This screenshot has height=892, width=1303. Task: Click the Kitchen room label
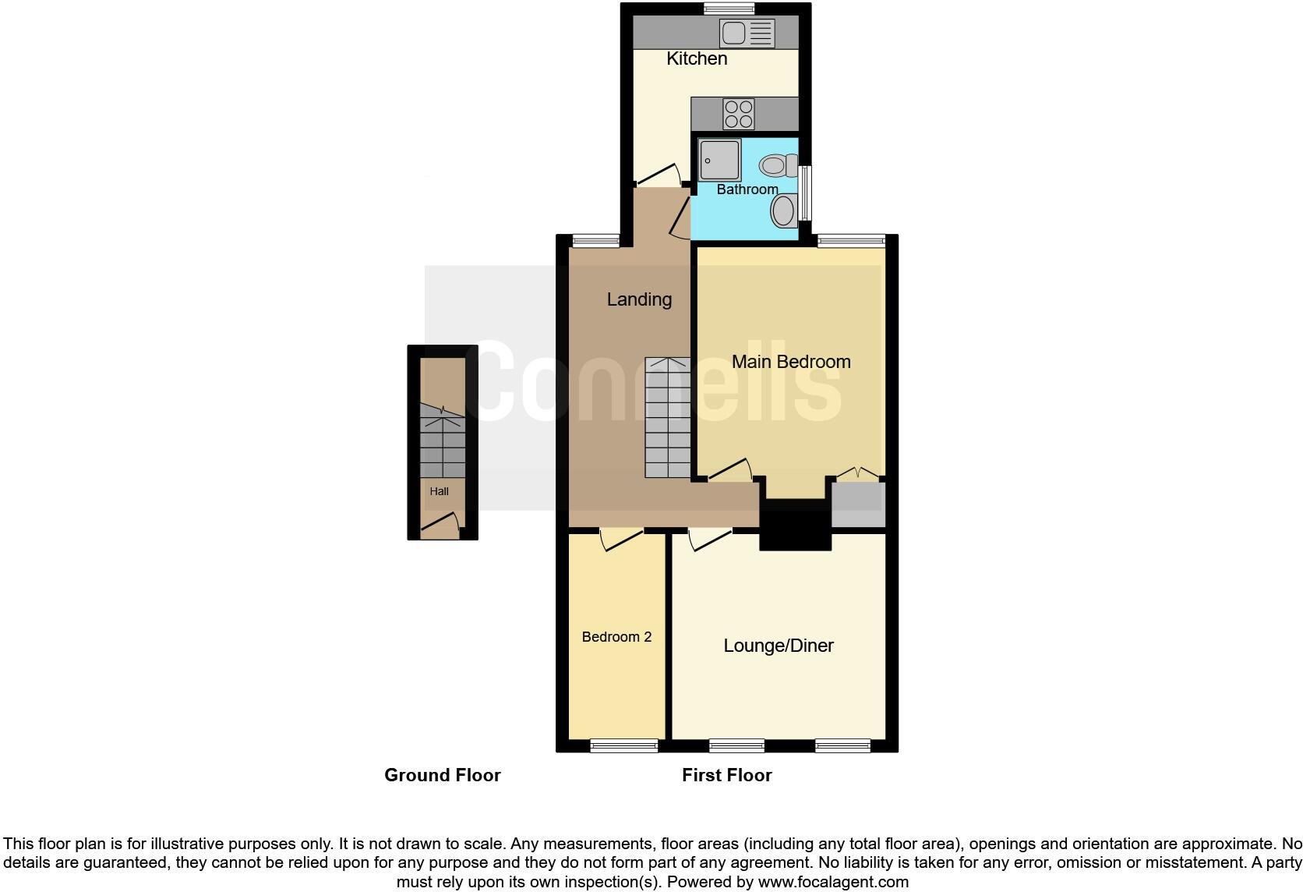click(697, 58)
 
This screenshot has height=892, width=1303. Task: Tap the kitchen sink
click(747, 33)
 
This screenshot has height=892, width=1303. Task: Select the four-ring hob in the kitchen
click(738, 114)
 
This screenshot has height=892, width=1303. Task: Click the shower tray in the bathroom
click(719, 160)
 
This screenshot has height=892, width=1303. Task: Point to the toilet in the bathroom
click(778, 165)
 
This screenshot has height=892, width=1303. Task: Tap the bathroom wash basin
click(783, 211)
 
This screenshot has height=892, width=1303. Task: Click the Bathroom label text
click(747, 189)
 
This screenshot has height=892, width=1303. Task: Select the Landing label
click(639, 299)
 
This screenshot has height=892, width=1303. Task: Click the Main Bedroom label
click(790, 362)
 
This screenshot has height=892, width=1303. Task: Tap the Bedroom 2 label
click(616, 637)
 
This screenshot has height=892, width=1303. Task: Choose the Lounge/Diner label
click(778, 646)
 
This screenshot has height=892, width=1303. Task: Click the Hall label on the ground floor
click(439, 492)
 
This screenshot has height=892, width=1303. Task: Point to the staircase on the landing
click(668, 418)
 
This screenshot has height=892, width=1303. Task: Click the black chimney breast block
click(795, 531)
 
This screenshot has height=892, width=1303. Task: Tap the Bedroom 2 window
click(624, 746)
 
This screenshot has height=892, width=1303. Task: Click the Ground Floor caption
click(442, 775)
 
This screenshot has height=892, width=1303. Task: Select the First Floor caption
click(726, 775)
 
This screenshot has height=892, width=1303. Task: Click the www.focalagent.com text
click(832, 882)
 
